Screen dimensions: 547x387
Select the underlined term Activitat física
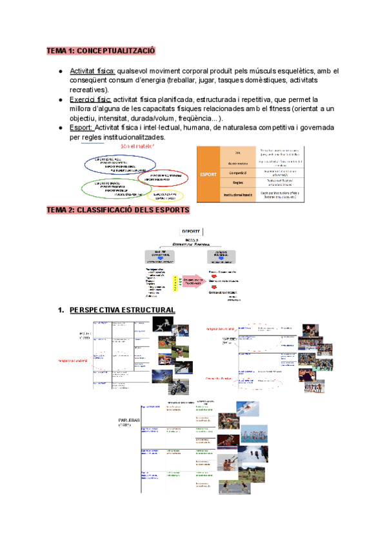click(92, 71)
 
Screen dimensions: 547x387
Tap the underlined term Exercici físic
click(90, 100)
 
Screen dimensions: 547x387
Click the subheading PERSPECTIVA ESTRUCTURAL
click(122, 311)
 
